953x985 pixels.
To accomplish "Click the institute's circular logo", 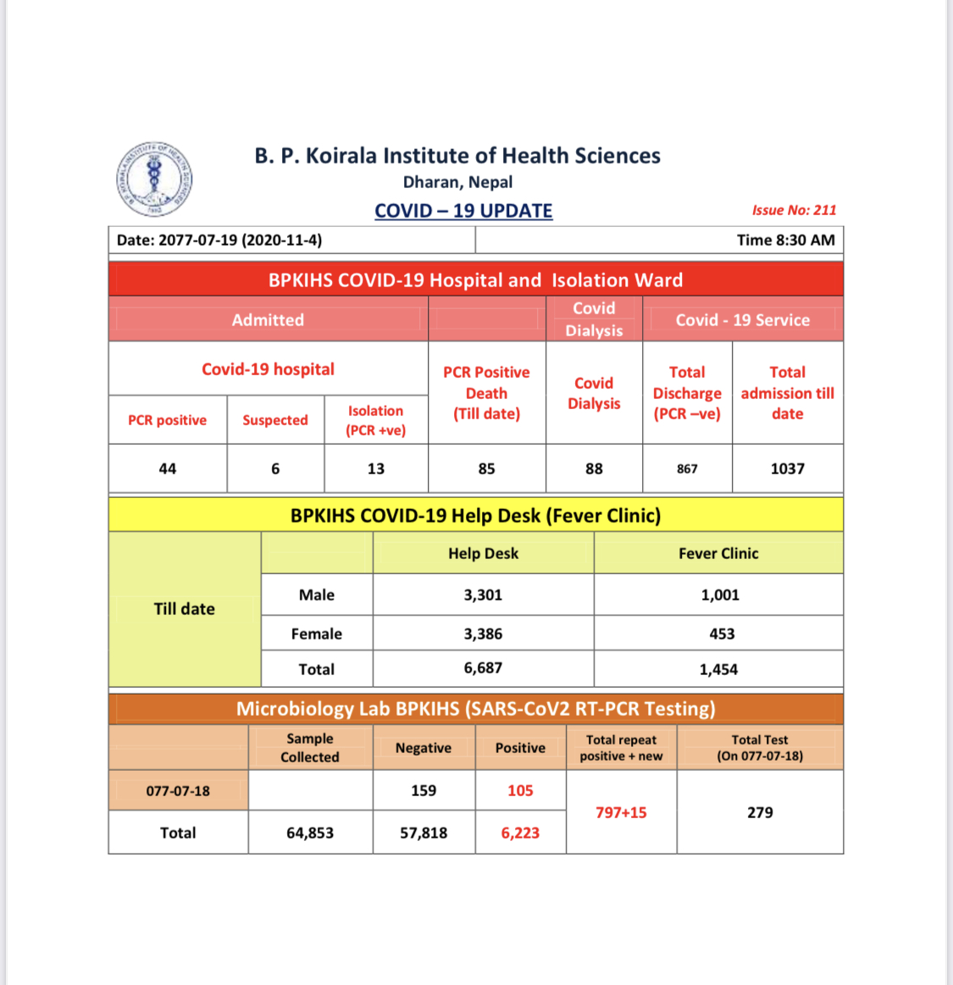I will point(154,180).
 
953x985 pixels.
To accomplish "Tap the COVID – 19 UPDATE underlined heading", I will point(463,211).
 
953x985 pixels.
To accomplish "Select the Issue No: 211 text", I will point(794,210).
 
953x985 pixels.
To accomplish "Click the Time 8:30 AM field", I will point(785,240).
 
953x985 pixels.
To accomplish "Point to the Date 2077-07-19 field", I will point(219,240).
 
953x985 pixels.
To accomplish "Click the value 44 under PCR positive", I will point(168,468).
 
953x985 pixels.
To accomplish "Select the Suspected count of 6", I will point(275,468).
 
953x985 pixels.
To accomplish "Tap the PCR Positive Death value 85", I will point(486,468).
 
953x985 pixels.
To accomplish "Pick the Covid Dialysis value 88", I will point(594,468).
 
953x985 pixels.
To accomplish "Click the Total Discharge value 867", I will point(687,468).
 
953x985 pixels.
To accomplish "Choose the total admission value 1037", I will point(787,468).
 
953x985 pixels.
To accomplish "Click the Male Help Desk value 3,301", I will point(483,595).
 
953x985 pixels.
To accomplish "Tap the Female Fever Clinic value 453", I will point(722,634).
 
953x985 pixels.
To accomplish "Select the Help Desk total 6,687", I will point(483,668).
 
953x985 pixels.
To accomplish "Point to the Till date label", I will point(184,609).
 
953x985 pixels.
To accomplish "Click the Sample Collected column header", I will point(310,748).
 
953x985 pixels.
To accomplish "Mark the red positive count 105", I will point(520,790).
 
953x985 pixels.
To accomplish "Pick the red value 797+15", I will point(621,812).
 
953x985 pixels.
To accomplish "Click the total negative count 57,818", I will point(424,833).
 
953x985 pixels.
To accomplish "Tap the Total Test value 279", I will point(760,812).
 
